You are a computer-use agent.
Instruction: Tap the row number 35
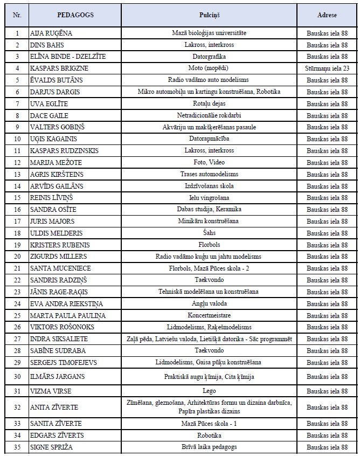pyautogui.click(x=17, y=447)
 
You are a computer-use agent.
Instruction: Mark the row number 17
pyautogui.click(x=17, y=221)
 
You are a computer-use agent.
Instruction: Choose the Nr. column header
pyautogui.click(x=17, y=15)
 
